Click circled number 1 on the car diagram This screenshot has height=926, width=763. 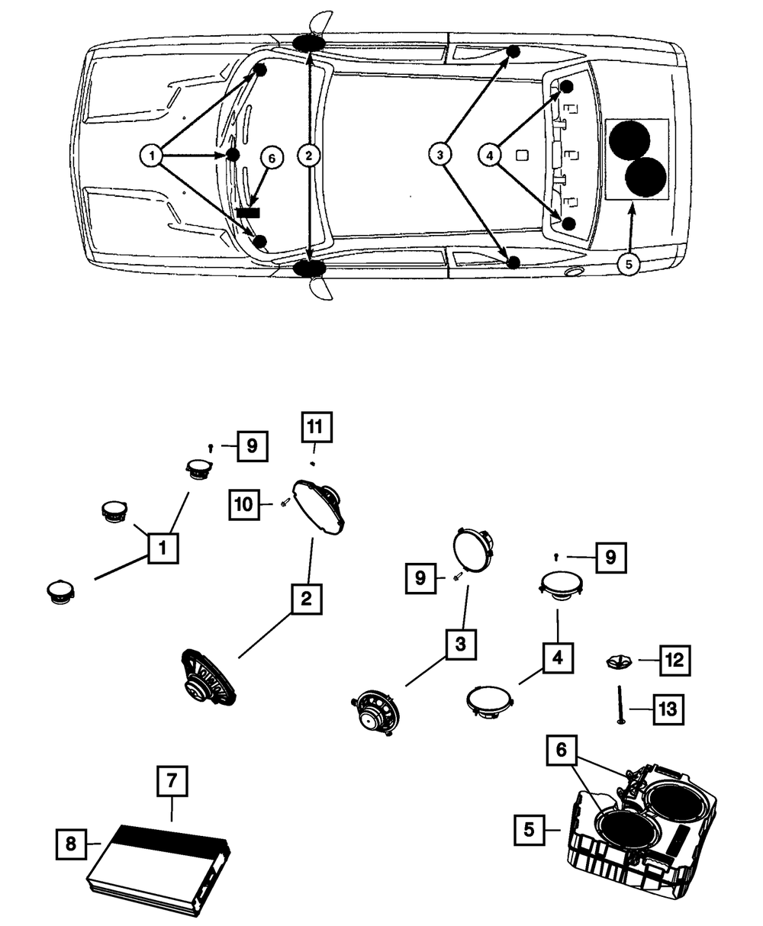point(153,156)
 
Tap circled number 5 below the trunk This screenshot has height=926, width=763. point(628,265)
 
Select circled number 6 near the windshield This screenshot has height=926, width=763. point(271,158)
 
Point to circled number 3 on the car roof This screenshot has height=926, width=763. point(439,155)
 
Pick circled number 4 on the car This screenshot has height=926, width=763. point(491,155)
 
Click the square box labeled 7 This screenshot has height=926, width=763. point(172,780)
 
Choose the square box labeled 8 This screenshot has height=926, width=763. point(72,843)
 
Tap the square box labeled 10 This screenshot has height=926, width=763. point(243,503)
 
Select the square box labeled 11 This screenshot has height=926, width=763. point(317,427)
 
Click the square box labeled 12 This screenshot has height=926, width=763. point(673,659)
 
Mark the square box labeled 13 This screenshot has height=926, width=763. point(667,709)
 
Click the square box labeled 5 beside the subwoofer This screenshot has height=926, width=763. point(530,826)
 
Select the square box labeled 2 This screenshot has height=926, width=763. point(305,600)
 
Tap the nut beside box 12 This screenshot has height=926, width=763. point(619,661)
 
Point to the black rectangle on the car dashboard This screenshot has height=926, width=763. point(248,212)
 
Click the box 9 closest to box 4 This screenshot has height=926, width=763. point(609,558)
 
